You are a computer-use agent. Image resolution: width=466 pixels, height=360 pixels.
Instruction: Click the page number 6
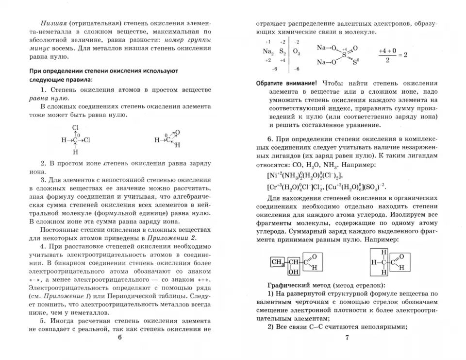tap(119, 339)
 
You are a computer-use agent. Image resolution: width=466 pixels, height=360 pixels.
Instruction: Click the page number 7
tap(347, 339)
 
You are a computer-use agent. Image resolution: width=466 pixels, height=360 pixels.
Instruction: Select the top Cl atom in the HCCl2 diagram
tap(75, 129)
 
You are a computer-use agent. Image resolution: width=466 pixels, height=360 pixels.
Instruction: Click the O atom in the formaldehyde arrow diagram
tap(177, 132)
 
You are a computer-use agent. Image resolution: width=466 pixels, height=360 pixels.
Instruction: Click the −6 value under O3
tap(296, 69)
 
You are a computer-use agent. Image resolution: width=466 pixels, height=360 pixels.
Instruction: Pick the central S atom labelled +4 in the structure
tap(344, 55)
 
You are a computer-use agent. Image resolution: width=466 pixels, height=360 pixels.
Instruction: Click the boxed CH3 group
tap(277, 262)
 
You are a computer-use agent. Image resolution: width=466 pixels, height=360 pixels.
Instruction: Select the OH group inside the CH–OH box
tap(293, 272)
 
